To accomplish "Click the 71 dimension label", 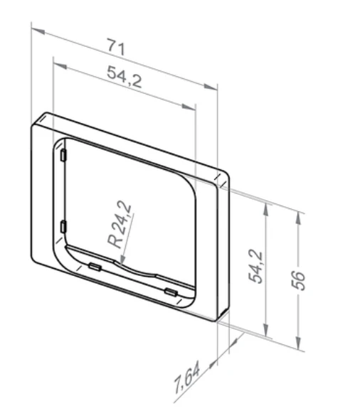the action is tap(116, 47).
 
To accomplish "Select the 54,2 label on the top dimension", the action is tap(125, 77).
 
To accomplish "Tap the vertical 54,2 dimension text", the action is tap(255, 267).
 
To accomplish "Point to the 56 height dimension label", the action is tap(298, 280).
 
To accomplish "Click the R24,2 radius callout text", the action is tap(120, 225).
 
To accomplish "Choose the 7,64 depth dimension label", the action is tap(187, 376).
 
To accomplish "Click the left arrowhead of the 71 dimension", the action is tap(38, 31).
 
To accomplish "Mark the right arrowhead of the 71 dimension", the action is tap(211, 87).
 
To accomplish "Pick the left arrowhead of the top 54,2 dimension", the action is tap(60, 65).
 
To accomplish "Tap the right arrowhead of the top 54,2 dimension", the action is tap(189, 107).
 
